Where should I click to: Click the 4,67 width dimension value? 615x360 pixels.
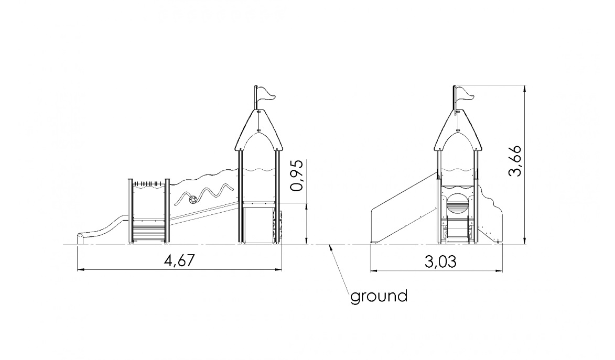[179, 260]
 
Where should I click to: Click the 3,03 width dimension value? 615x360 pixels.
[440, 261]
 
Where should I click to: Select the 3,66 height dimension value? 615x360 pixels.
[515, 161]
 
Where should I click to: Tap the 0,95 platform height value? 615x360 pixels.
[297, 176]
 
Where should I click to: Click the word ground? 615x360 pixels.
[379, 296]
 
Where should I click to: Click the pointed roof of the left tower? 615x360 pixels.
[258, 130]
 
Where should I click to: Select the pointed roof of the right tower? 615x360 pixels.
[458, 130]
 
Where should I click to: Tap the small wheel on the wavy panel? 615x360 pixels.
[193, 200]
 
